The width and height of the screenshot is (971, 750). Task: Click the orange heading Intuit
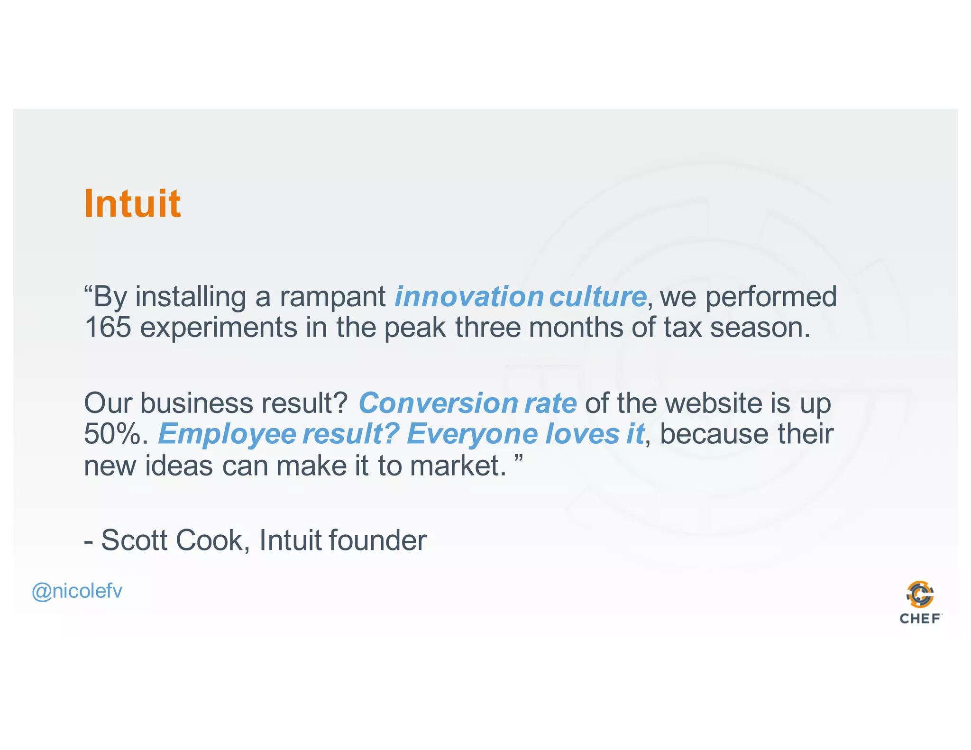point(132,203)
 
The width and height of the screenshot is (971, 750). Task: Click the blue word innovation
point(469,297)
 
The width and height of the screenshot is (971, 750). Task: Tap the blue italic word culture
point(597,297)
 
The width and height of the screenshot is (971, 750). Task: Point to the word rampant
point(332,298)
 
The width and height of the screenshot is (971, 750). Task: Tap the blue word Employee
point(227,434)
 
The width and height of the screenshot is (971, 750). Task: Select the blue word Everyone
point(472,434)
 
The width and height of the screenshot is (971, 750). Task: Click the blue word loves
point(582,434)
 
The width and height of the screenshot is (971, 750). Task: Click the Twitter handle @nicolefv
point(77,591)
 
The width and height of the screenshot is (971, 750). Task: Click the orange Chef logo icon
point(920,595)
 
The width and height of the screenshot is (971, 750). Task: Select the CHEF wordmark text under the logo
point(920,619)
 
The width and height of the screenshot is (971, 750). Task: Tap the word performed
point(771,298)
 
